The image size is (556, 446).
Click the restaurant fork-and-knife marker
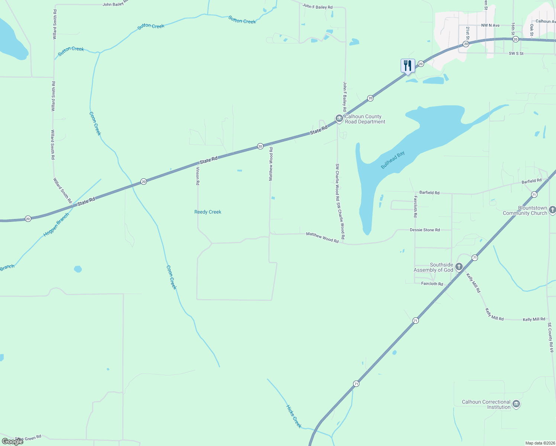pyautogui.click(x=408, y=66)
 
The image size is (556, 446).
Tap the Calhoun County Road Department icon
pyautogui.click(x=339, y=119)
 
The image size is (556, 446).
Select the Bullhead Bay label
pyautogui.click(x=392, y=160)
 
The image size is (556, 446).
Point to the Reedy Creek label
pyautogui.click(x=208, y=212)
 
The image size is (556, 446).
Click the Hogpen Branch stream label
pyautogui.click(x=56, y=225)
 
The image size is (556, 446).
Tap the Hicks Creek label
pyautogui.click(x=294, y=416)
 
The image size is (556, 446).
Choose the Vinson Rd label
pyautogui.click(x=198, y=176)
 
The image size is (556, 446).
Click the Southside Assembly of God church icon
pyautogui.click(x=459, y=266)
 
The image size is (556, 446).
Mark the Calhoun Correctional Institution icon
pyautogui.click(x=516, y=404)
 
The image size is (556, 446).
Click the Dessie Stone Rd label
pyautogui.click(x=425, y=230)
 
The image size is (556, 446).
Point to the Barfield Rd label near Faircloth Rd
pyautogui.click(x=429, y=193)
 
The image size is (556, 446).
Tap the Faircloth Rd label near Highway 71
pyautogui.click(x=432, y=284)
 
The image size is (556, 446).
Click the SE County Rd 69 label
pyautogui.click(x=550, y=337)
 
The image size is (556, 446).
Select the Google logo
pyautogui.click(x=13, y=442)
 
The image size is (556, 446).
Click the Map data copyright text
pyautogui.click(x=539, y=443)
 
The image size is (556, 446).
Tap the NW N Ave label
pyautogui.click(x=490, y=25)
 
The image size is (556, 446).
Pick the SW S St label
pyautogui.click(x=516, y=54)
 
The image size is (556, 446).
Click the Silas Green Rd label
pyautogui.click(x=28, y=438)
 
